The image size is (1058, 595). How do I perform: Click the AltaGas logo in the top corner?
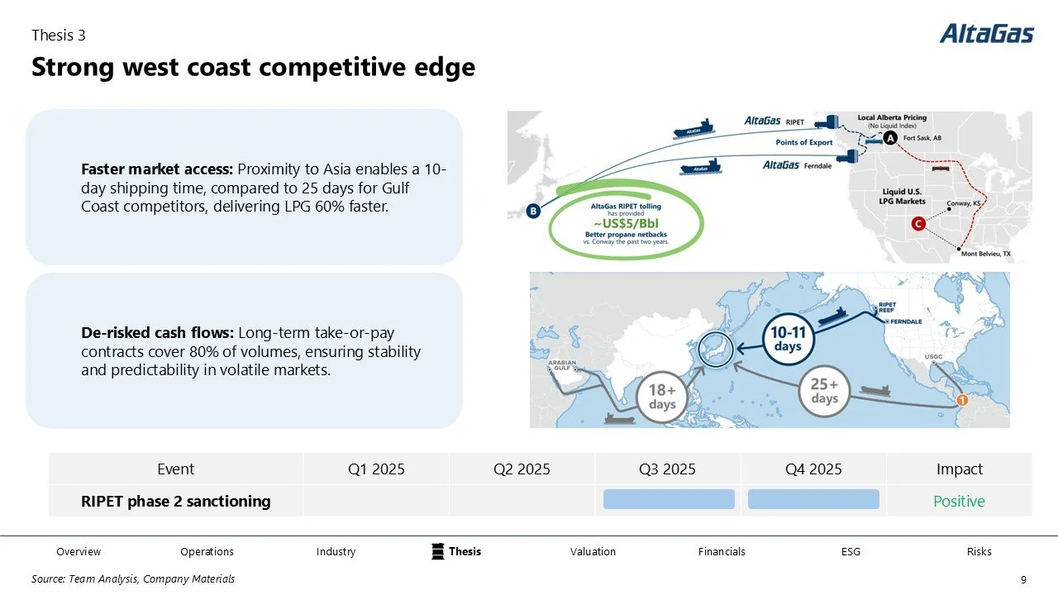986,34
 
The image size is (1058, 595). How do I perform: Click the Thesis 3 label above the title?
58,35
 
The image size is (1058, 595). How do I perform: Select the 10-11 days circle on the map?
788,339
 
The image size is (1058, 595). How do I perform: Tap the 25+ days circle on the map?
824,392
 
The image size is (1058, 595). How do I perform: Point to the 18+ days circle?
662,397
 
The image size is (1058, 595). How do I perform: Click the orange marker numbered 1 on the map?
961,401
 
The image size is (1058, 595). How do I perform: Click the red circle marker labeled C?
917,224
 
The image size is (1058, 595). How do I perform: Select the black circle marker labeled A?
890,138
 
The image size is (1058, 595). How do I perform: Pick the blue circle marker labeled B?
533,212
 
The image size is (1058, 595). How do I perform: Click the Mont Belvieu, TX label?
985,254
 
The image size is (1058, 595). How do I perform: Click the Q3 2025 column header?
667,469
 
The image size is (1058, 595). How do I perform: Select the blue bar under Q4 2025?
813,499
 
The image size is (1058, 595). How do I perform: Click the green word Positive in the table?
959,502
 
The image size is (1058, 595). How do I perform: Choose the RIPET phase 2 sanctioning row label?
175,501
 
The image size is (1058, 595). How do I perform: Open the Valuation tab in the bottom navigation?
593,552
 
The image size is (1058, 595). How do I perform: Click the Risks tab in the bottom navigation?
979,552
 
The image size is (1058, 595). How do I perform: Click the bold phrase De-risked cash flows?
157,333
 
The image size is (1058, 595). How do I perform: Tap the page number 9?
1024,579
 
